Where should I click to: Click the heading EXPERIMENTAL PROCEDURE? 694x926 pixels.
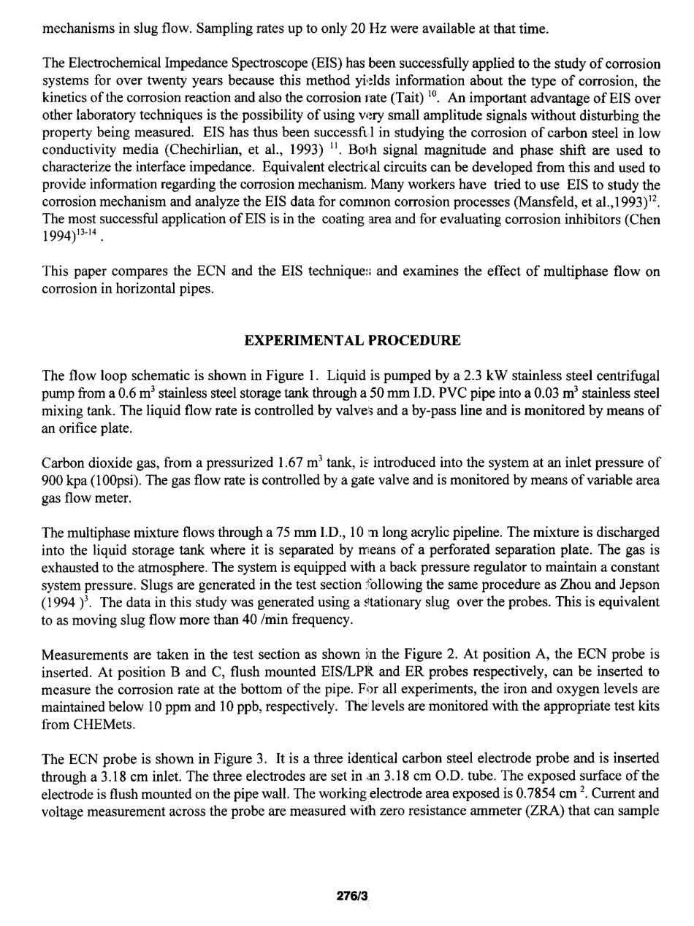[x=352, y=341]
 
